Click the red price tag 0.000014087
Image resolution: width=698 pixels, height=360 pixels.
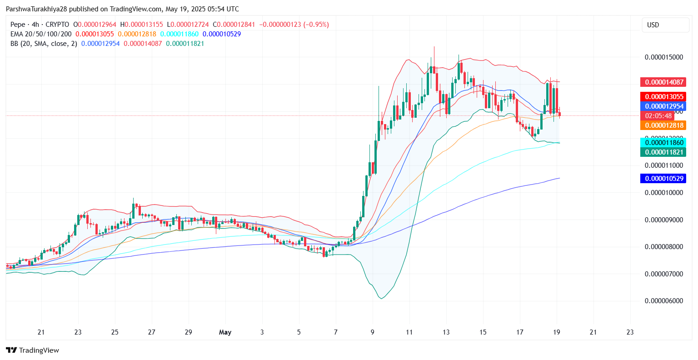point(663,82)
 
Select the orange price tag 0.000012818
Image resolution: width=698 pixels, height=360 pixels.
point(663,125)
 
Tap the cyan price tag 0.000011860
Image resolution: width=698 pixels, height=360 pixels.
point(663,143)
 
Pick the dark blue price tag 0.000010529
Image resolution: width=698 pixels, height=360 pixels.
point(663,179)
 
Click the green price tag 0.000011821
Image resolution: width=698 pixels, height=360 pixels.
point(663,152)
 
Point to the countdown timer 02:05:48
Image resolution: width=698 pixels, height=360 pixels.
point(658,116)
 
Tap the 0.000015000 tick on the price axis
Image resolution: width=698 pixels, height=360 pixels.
point(664,57)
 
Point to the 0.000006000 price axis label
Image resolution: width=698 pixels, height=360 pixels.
point(664,301)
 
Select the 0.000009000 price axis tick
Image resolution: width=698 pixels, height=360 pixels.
point(664,220)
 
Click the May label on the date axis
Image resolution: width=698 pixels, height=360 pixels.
point(225,332)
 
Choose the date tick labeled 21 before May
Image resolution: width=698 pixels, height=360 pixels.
point(41,332)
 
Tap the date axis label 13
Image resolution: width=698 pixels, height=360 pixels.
point(446,332)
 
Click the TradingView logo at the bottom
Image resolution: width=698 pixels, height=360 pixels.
point(33,350)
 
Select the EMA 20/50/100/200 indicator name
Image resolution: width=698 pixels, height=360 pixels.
point(41,34)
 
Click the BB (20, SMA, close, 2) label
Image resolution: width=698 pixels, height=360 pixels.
point(44,44)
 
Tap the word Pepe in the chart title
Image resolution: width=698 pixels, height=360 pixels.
point(18,25)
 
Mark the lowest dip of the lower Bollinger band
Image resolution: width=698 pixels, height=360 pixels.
point(381,299)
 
